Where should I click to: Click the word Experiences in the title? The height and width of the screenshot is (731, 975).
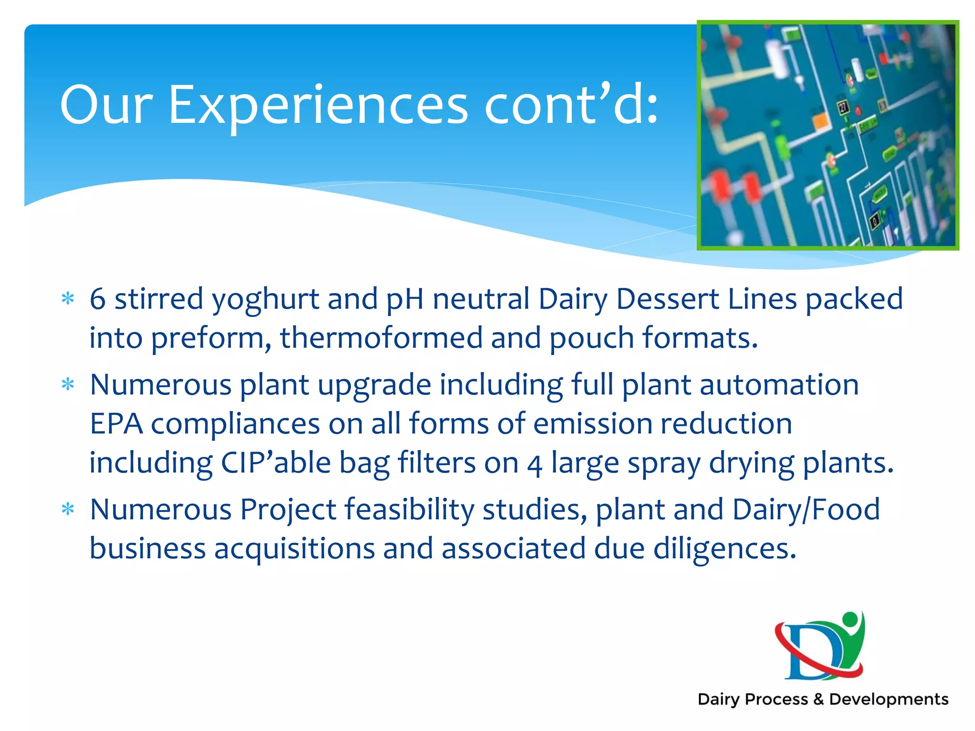point(318,106)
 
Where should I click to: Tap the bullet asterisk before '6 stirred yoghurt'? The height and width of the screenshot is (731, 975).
point(68,299)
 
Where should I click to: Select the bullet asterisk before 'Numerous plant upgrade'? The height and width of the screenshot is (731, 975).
point(68,384)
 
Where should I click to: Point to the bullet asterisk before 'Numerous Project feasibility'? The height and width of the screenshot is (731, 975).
point(68,509)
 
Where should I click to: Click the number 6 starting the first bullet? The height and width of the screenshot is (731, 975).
point(98,299)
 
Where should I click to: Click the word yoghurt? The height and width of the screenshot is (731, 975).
point(265,300)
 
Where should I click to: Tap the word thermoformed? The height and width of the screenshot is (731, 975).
point(381,338)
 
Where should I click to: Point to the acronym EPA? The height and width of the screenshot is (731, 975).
point(116,424)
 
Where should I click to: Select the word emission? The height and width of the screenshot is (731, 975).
point(592,424)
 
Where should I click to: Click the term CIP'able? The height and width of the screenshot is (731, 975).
point(276,463)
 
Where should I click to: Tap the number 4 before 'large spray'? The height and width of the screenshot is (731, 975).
point(535,464)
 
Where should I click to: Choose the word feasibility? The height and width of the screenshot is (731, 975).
point(409,509)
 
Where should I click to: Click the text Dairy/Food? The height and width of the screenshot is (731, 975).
point(806,509)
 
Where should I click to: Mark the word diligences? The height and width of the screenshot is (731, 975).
point(724,549)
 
